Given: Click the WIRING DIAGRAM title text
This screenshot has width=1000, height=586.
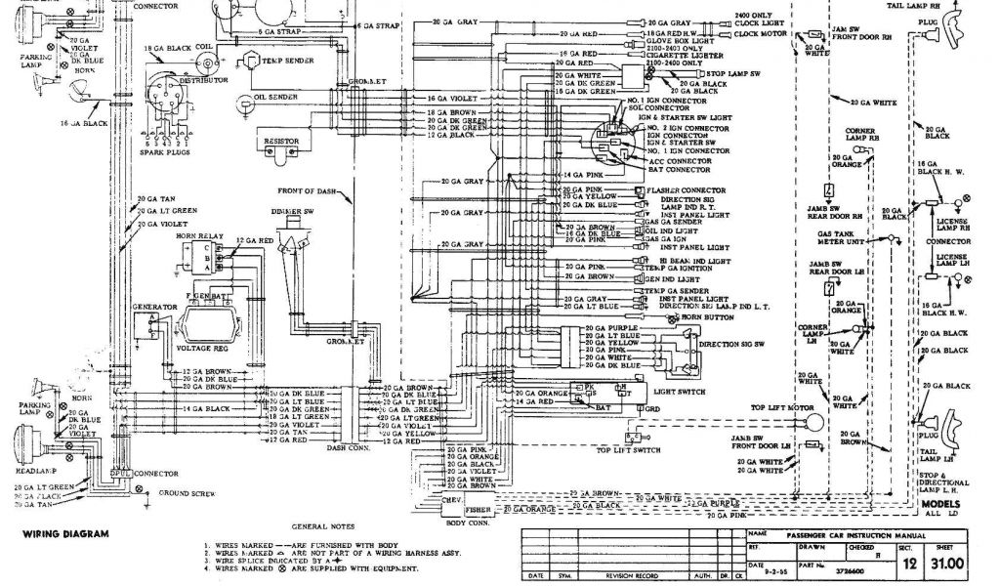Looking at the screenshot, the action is point(60,534).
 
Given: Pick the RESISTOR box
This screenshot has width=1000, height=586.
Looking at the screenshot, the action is point(281,140).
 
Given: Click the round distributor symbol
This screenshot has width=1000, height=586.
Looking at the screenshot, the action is point(163,97).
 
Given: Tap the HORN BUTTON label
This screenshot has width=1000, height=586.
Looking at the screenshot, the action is point(710,318).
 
